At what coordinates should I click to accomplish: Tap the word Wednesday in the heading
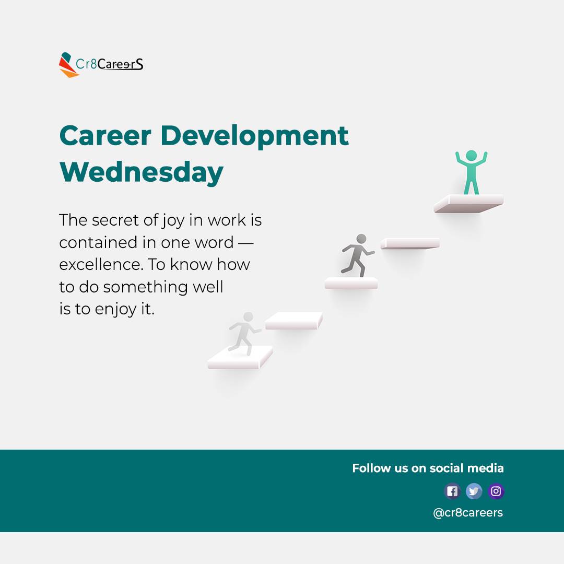141,172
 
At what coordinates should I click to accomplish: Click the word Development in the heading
254,136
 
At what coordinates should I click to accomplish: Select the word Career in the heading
105,136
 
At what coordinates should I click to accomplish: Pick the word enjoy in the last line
115,309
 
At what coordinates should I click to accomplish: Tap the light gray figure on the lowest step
244,333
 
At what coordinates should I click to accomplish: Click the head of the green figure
471,155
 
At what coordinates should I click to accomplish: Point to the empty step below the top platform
410,243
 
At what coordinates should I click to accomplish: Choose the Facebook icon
452,491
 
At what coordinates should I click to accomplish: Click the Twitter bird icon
474,491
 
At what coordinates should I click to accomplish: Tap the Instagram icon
496,491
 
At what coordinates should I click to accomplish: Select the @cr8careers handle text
468,513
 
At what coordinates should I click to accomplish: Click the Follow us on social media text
428,468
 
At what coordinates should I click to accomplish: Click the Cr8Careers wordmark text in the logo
110,65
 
